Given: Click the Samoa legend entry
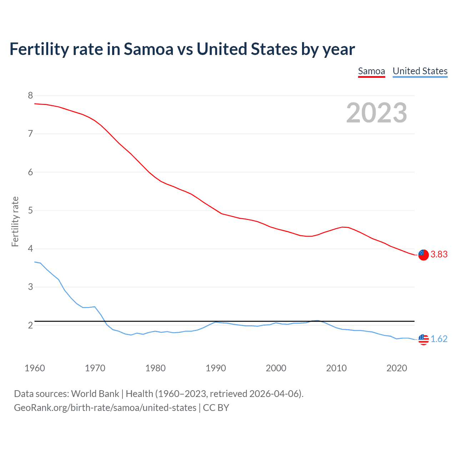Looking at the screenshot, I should pos(371,71).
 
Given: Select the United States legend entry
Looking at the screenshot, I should pos(420,71).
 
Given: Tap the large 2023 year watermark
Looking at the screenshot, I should pos(376,113).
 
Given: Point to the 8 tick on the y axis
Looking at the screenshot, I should pos(30,95).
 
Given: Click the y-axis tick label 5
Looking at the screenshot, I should pos(30,210).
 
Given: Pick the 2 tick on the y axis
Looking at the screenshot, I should pos(30,325).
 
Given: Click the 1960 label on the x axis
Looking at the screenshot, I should pos(35,368).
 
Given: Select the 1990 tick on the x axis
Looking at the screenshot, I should pos(216,368).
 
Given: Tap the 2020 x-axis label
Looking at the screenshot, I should pos(397,368).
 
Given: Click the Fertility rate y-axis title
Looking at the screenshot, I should pos(15,221).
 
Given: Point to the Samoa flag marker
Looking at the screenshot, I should pos(423,255).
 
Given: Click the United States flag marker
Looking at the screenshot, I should pos(423,339).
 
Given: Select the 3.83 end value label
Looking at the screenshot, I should pos(439,255).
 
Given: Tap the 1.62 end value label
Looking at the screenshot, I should pos(439,339).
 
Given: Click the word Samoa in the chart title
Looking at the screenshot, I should pos(148,49).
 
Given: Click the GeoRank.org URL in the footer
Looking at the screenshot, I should pos(105,407).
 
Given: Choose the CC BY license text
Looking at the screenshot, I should pos(216,407).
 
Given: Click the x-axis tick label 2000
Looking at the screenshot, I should pos(276,368).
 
